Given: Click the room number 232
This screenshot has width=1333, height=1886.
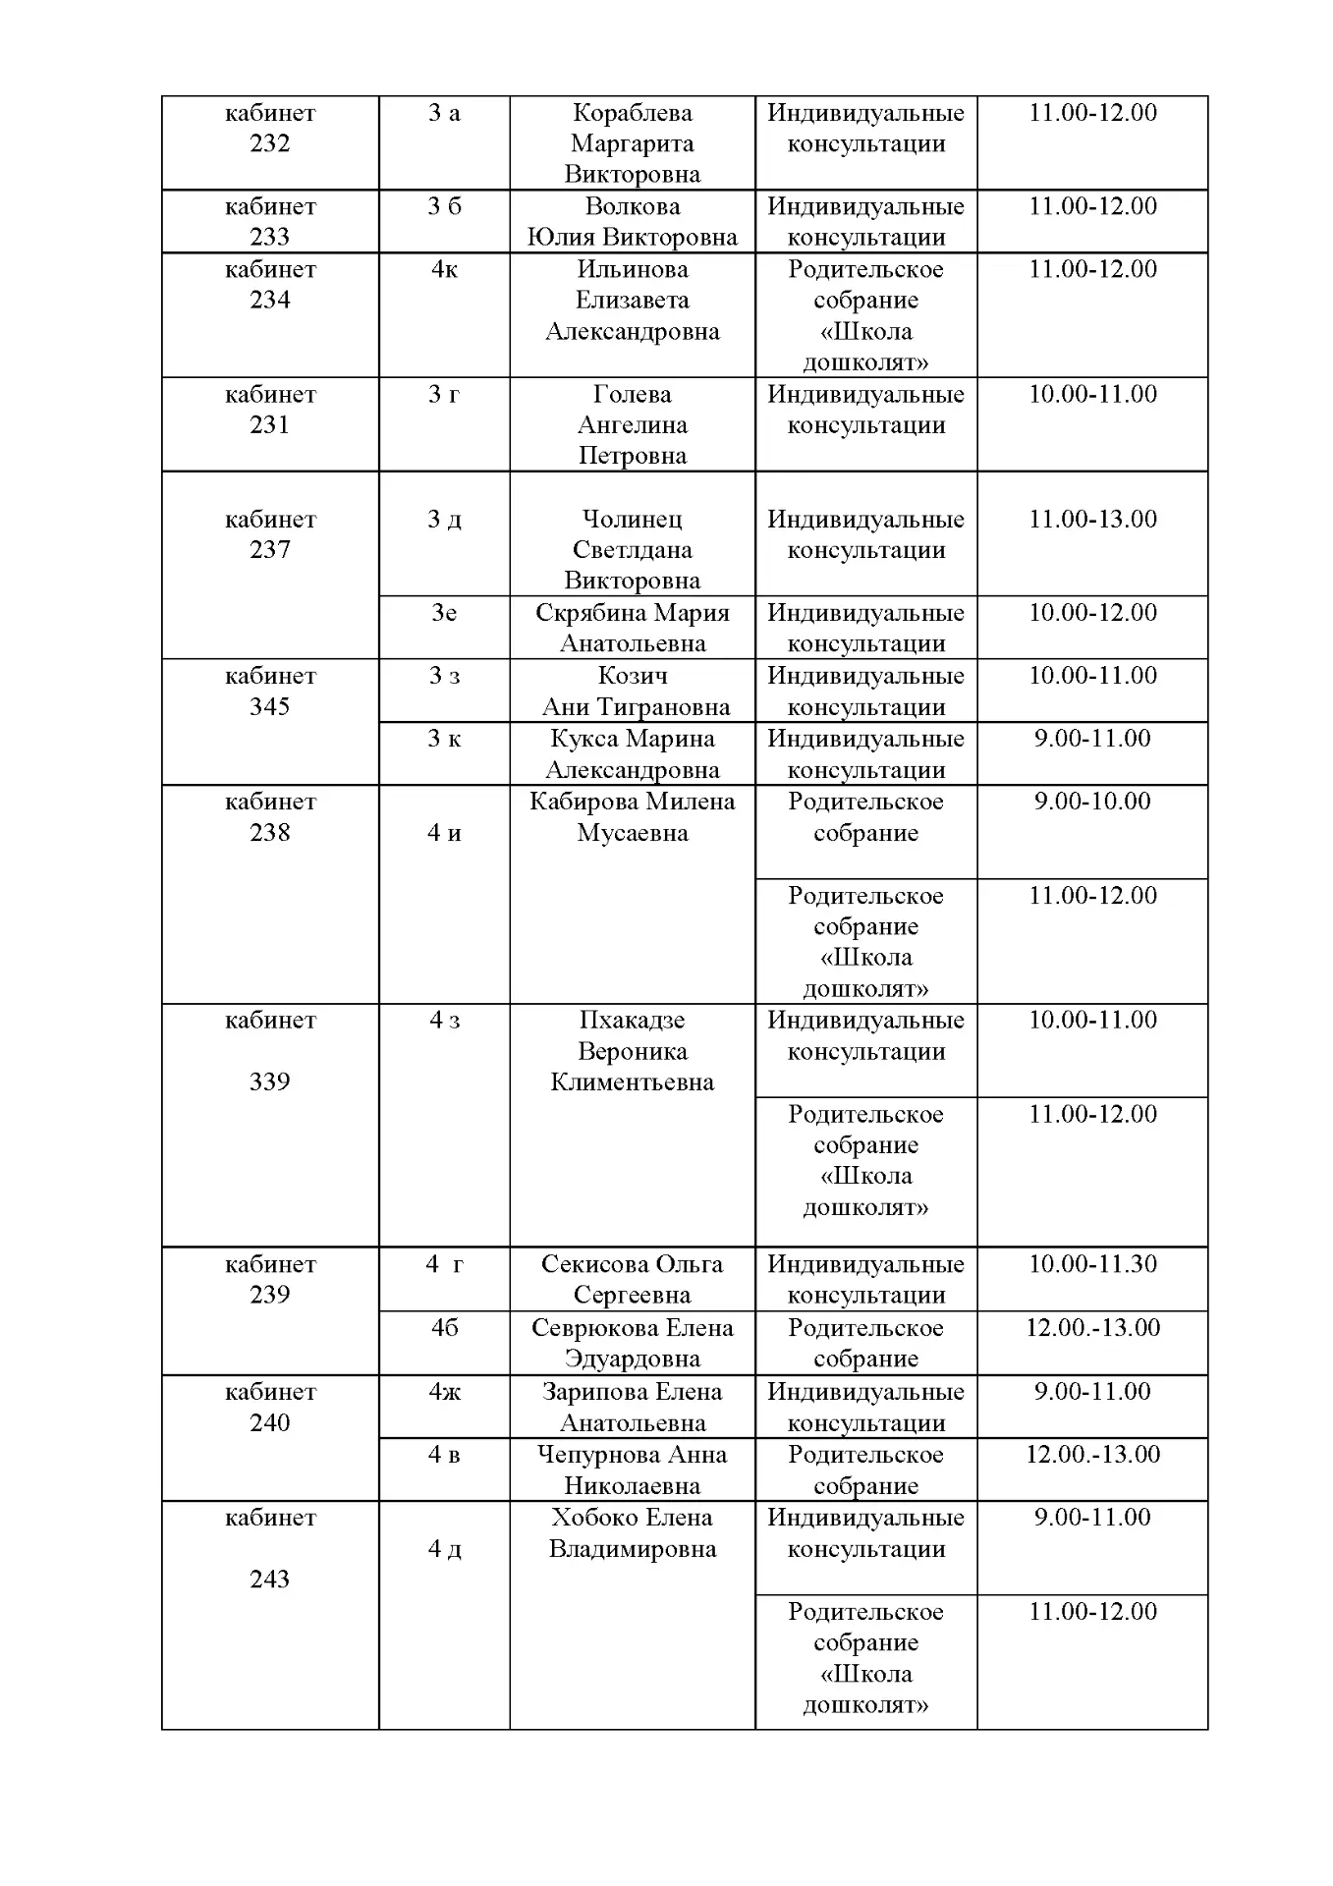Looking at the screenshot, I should tap(269, 143).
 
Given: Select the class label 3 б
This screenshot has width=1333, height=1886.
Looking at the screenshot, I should tap(444, 206).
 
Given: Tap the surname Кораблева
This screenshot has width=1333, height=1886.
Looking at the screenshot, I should tap(632, 113).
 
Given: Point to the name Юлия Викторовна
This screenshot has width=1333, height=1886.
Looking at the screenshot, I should tap(632, 237).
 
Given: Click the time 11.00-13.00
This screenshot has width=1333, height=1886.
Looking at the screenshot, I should tap(1092, 519).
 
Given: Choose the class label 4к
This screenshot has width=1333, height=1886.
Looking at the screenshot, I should tap(444, 269).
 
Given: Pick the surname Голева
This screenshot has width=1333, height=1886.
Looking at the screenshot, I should tap(632, 394).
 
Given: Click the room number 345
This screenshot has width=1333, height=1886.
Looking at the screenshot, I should tap(269, 706).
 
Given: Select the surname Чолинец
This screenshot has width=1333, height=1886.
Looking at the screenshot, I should tap(632, 519).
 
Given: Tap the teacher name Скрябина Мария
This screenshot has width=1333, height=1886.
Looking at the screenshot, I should tap(632, 613).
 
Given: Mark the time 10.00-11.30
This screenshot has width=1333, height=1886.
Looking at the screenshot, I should tap(1092, 1263).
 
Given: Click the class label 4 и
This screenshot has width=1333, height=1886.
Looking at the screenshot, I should tap(444, 833).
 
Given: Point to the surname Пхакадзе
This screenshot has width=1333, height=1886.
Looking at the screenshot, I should tap(632, 1020).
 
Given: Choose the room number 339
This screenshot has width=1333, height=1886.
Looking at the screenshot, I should tap(269, 1082).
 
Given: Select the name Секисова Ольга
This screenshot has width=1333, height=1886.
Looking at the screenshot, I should tap(632, 1264).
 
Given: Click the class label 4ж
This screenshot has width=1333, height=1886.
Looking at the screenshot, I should tap(444, 1392).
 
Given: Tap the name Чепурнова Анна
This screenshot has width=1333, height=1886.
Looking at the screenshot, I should tap(632, 1455).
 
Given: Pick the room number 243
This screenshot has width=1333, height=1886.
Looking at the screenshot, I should tap(269, 1579).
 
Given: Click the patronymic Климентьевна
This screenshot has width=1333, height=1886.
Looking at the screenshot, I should tap(632, 1082).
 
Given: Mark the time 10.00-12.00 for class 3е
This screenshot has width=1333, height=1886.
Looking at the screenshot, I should tap(1092, 613).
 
